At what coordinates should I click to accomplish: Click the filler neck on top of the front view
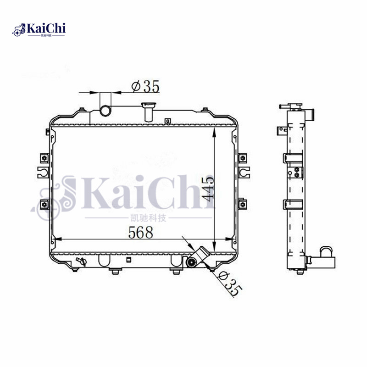coord(149,111)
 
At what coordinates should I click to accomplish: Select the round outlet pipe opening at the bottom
coord(191,263)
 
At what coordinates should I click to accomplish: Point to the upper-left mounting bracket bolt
coord(44,158)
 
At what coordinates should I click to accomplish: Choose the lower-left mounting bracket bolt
coord(44,204)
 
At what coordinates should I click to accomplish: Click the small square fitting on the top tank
coord(168,122)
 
